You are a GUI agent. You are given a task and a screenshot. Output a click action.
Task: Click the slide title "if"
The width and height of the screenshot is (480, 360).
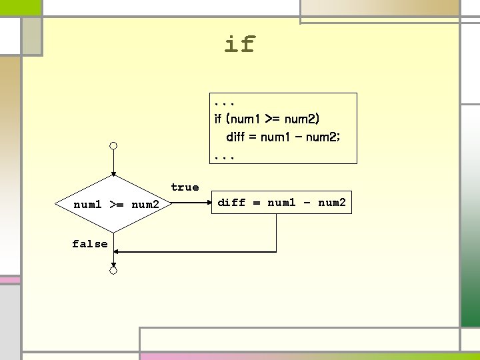pyautogui.click(x=239, y=45)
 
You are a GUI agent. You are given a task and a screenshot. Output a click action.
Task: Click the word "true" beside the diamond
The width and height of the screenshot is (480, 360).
pyautogui.click(x=185, y=187)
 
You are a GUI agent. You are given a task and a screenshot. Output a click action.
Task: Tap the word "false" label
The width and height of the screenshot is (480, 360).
pyautogui.click(x=89, y=244)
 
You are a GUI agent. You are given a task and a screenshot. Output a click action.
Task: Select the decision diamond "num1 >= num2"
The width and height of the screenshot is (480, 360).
pyautogui.click(x=115, y=203)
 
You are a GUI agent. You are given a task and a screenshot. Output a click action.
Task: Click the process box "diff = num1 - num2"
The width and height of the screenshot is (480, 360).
pyautogui.click(x=281, y=203)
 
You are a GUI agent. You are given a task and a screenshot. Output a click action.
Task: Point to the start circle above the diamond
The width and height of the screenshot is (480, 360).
pyautogui.click(x=114, y=145)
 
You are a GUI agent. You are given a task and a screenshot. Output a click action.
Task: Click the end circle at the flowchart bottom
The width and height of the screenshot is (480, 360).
pyautogui.click(x=114, y=270)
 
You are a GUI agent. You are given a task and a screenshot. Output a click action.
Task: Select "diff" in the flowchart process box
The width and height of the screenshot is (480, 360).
pyautogui.click(x=232, y=203)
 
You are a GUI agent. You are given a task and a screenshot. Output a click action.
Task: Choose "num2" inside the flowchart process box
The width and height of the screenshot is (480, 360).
pyautogui.click(x=331, y=203)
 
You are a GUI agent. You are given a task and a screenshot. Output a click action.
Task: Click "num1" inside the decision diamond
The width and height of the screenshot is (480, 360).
pyautogui.click(x=87, y=204)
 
